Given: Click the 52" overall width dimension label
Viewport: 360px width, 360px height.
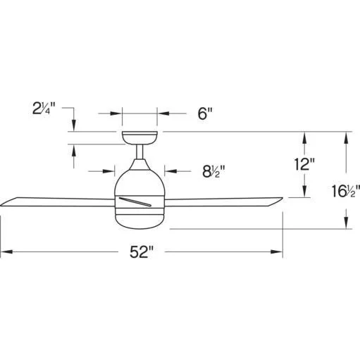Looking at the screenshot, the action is [x=142, y=252].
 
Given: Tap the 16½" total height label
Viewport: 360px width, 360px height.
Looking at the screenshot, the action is [x=345, y=191].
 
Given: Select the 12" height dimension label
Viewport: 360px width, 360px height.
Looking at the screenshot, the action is [x=304, y=164].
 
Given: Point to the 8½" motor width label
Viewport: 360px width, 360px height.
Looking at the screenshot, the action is [x=213, y=171].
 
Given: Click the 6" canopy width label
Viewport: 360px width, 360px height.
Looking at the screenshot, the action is [x=205, y=113].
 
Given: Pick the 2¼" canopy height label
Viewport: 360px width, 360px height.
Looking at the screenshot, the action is [x=44, y=108].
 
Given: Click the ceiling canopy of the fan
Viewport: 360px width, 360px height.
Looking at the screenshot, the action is [x=139, y=138].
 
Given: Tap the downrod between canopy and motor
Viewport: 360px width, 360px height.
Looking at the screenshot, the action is [x=139, y=151].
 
